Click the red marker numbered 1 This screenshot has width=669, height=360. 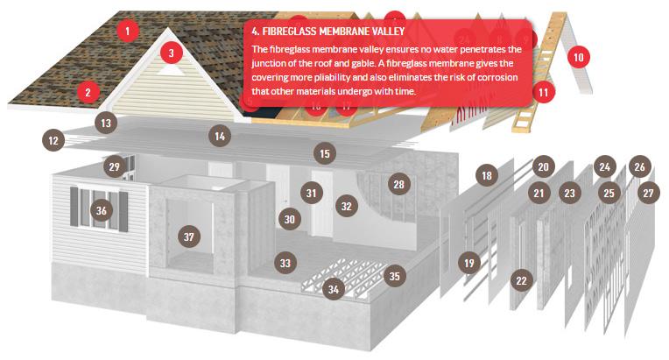127,31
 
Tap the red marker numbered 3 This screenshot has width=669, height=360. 172,53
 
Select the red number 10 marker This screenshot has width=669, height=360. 579,57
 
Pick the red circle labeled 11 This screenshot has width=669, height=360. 543,92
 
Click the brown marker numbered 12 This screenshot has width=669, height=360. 53,140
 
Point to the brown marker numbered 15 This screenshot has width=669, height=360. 325,153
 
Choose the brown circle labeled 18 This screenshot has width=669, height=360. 487,175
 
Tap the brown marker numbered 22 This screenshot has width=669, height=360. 521,280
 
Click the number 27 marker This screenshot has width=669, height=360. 648,194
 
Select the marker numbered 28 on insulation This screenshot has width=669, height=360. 399,184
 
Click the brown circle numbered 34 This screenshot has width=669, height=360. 334,289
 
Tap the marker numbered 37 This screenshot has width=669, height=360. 189,236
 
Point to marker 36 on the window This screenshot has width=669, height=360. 101,210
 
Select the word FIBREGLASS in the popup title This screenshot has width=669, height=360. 289,32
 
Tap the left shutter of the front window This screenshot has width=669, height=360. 74,207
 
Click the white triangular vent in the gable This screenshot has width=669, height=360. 171,70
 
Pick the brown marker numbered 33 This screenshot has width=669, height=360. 285,263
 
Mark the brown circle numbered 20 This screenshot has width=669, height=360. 543,166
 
